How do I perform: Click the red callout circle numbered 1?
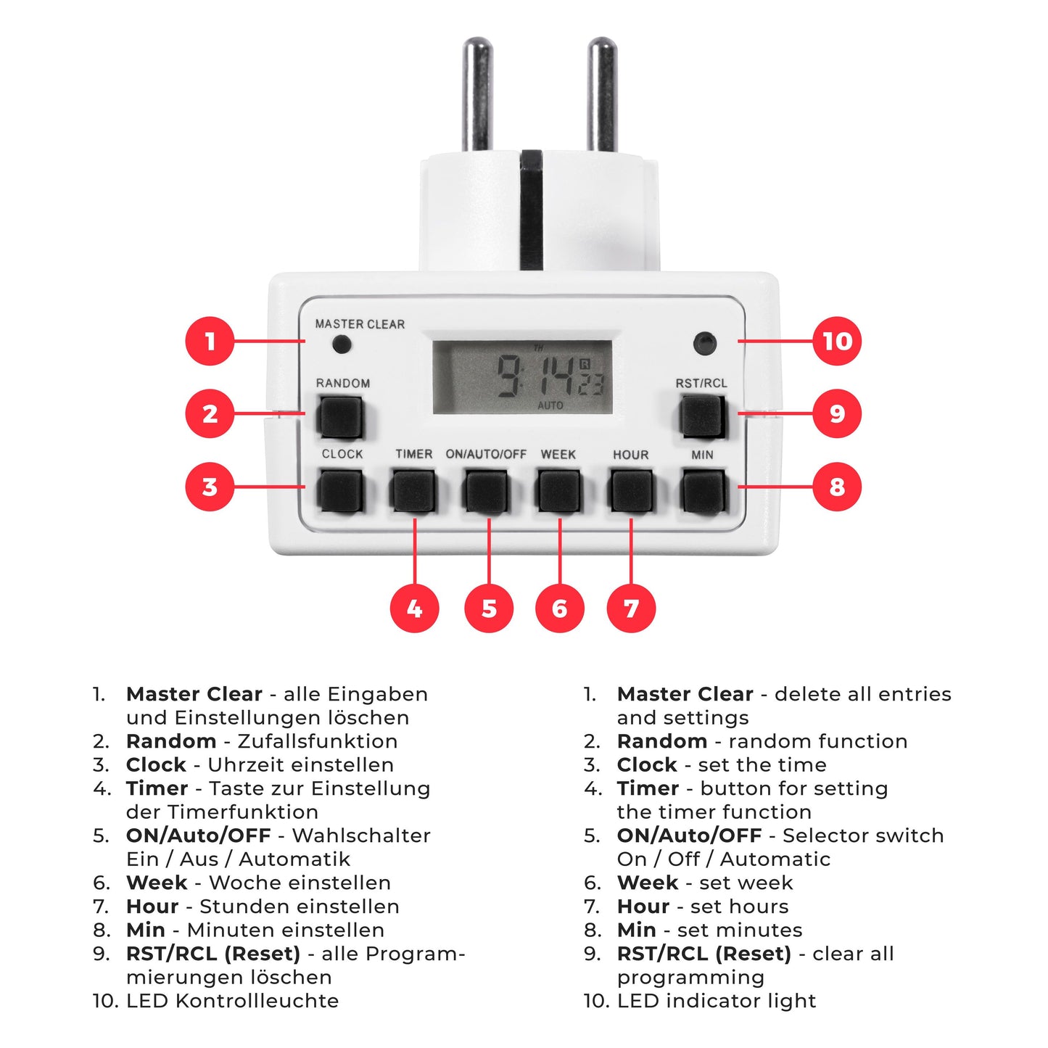210,341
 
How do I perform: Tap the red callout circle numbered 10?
836,341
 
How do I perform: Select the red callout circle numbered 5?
488,608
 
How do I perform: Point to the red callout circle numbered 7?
631,608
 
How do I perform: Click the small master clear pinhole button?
342,344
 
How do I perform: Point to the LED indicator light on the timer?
705,343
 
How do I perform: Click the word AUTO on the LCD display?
550,405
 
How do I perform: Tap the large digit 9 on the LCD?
508,375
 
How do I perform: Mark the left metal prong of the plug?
477,94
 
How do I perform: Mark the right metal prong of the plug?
602,94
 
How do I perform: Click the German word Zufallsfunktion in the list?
318,741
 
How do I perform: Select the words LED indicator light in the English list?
717,1001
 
